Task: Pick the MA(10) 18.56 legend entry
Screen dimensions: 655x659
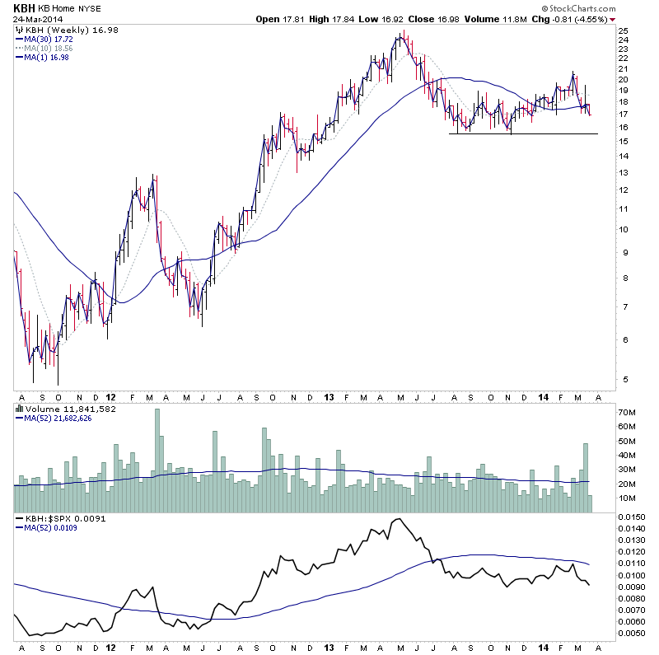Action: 53,48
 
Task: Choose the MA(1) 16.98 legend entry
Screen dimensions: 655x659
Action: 50,58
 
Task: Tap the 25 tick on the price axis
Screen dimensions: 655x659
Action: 624,30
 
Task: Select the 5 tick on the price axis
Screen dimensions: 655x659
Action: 624,379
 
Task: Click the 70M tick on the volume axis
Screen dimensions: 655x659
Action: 628,410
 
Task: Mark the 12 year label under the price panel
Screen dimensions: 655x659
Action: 110,395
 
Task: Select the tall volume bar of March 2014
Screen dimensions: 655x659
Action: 586,478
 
